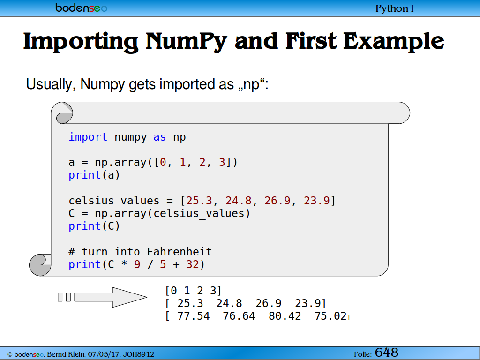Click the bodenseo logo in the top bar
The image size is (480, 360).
tap(82, 7)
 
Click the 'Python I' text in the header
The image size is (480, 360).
tap(395, 8)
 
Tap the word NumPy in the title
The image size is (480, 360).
tap(186, 41)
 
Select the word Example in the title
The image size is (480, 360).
tap(394, 41)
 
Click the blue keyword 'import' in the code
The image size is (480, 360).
tap(88, 137)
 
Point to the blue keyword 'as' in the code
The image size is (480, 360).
tap(159, 137)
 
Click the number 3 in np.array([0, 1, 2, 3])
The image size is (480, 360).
tap(222, 162)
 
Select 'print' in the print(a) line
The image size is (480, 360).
tap(85, 175)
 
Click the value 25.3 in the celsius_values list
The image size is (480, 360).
tap(199, 201)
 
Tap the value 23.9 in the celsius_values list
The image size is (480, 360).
tap(316, 201)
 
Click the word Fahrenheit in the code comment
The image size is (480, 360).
tap(180, 252)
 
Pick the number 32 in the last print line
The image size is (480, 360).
tap(193, 264)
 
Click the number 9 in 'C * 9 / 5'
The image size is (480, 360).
tap(137, 264)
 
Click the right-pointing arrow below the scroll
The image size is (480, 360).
tap(111, 297)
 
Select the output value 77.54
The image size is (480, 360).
tap(194, 316)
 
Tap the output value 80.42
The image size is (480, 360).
tap(285, 316)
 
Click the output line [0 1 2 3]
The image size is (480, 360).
tap(193, 291)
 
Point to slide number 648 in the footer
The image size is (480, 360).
tap(387, 352)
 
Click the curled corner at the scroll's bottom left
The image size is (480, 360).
tap(40, 265)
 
